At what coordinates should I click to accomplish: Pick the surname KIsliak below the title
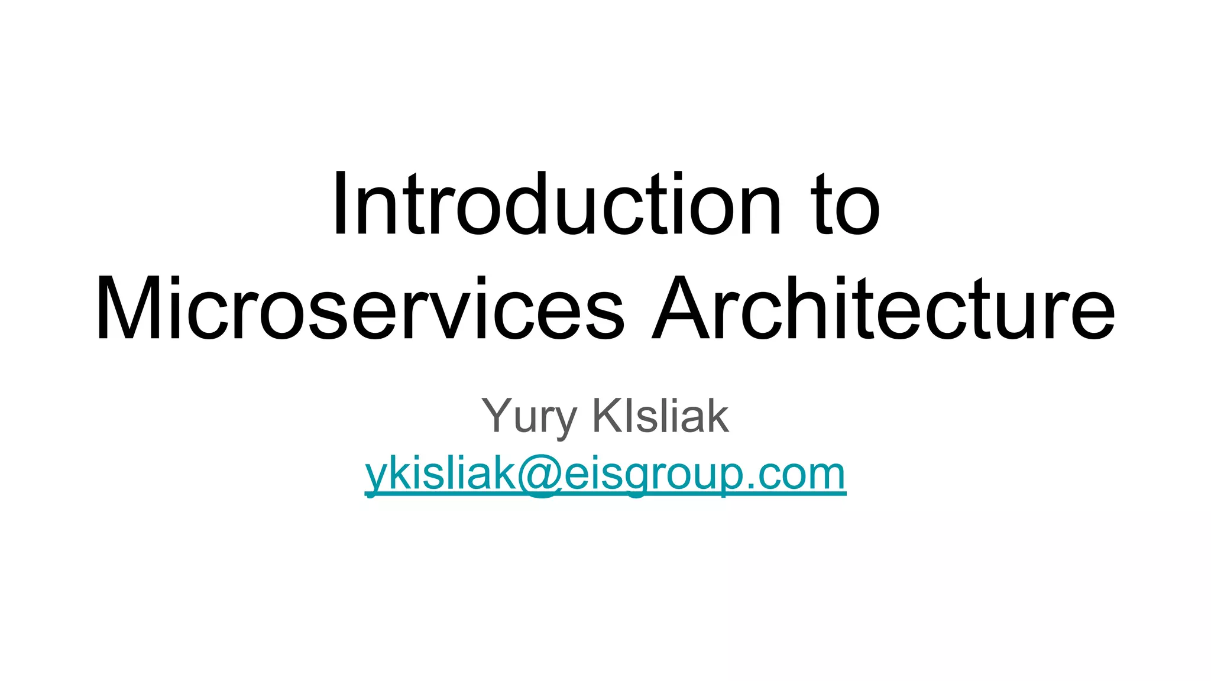tap(660, 416)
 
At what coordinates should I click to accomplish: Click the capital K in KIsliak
tap(606, 416)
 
